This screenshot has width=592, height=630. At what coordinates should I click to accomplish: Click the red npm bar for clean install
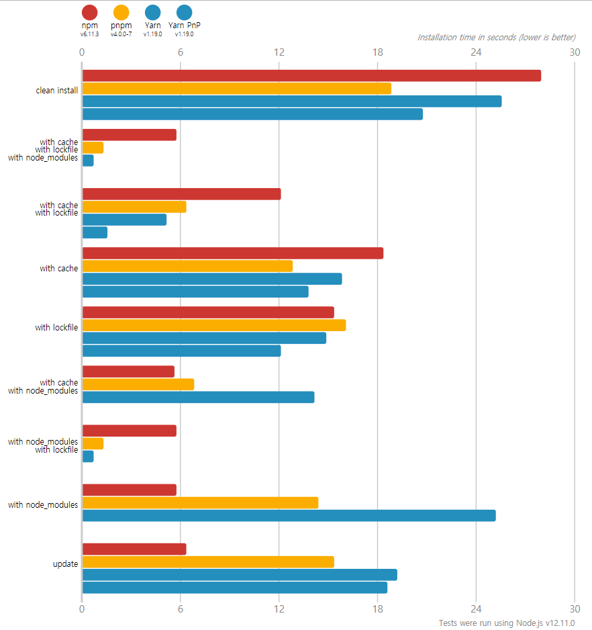pyautogui.click(x=311, y=76)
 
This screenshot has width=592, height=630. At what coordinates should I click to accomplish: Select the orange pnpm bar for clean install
pyautogui.click(x=236, y=89)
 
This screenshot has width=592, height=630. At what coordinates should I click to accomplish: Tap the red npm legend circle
pyautogui.click(x=89, y=12)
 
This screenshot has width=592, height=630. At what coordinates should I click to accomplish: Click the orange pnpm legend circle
pyautogui.click(x=121, y=12)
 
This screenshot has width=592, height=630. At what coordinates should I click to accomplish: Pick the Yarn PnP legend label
pyautogui.click(x=184, y=26)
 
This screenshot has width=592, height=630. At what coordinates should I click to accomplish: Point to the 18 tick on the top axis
pyautogui.click(x=378, y=52)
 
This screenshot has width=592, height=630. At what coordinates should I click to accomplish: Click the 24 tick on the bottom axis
pyautogui.click(x=476, y=610)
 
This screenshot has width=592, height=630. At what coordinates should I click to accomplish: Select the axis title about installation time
pyautogui.click(x=496, y=38)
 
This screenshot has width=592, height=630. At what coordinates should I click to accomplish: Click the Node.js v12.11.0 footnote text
pyautogui.click(x=507, y=623)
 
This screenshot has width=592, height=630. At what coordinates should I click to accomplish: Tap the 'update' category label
pyautogui.click(x=66, y=564)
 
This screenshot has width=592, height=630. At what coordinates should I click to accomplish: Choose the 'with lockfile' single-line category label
pyautogui.click(x=56, y=327)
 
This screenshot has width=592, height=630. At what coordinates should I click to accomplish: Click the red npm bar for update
pyautogui.click(x=134, y=549)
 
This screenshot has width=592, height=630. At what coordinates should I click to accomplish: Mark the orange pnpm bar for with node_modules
pyautogui.click(x=200, y=503)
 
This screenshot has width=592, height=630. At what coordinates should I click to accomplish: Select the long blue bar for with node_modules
pyautogui.click(x=289, y=516)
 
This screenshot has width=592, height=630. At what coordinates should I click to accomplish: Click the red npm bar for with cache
pyautogui.click(x=232, y=253)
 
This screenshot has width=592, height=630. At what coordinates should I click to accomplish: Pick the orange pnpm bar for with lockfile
pyautogui.click(x=214, y=326)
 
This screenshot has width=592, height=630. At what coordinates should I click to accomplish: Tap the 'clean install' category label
pyautogui.click(x=57, y=90)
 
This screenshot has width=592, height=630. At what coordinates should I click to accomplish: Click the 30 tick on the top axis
pyautogui.click(x=574, y=52)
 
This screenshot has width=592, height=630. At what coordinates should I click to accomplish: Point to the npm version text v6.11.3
pyautogui.click(x=89, y=34)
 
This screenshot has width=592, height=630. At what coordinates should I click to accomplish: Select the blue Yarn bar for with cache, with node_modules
pyautogui.click(x=198, y=397)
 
